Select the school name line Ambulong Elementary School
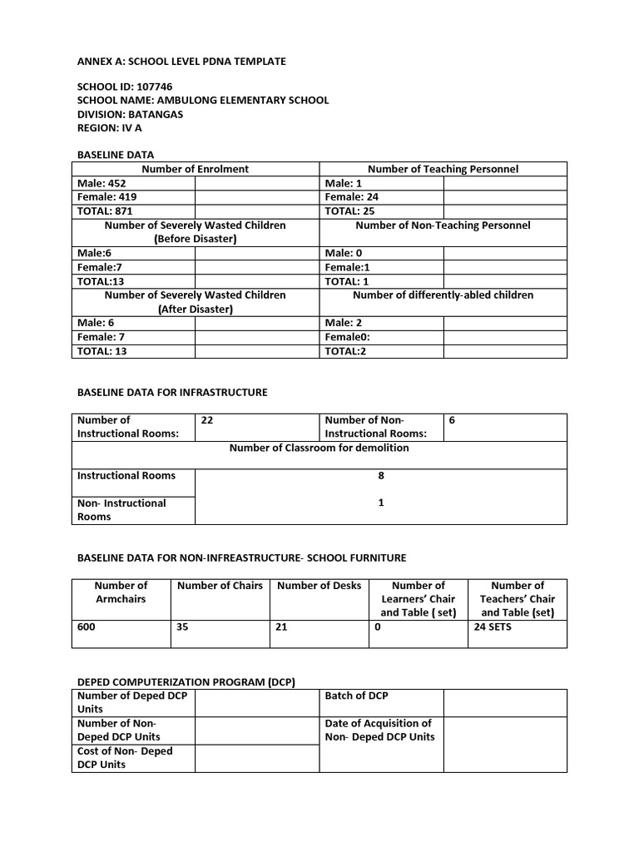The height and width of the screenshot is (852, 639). pos(202,100)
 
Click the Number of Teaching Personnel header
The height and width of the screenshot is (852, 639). pos(443,169)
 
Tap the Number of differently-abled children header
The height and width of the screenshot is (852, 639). pos(443,295)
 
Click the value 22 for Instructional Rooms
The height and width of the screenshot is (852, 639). pos(207,421)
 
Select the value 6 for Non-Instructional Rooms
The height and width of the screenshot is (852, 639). pos(452,421)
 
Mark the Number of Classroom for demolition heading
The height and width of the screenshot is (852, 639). pos(319,448)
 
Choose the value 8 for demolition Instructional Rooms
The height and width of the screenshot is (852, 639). pos(380,476)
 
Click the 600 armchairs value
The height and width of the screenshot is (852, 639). pos(87,627)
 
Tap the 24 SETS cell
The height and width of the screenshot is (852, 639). pos(493,627)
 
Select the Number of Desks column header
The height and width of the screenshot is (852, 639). pos(319,586)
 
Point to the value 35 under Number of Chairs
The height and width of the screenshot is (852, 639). pos(182,627)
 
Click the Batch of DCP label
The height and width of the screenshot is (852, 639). pos(356,696)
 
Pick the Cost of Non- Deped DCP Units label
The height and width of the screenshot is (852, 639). pos(125,758)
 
